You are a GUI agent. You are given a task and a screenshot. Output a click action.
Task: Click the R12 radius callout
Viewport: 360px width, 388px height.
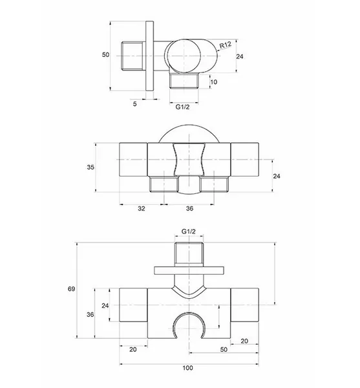pos(226,45)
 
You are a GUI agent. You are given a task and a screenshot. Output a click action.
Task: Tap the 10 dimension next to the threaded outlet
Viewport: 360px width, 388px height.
pos(214,82)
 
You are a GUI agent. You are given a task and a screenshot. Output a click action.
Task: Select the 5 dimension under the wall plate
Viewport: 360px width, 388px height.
pos(134,104)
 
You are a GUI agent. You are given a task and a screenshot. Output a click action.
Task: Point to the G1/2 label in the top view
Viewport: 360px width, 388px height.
pos(182,107)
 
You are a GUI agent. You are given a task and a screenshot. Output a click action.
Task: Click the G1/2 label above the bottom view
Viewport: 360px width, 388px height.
pos(189,232)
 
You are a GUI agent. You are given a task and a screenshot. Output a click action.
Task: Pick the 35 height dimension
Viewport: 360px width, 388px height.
pos(90,167)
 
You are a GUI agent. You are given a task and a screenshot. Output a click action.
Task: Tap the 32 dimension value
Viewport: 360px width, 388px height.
pos(142,209)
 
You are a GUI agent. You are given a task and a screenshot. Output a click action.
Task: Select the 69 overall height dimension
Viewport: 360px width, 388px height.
pos(72,289)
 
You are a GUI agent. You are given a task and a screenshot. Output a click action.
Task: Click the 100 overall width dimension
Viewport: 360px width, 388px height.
pos(188,368)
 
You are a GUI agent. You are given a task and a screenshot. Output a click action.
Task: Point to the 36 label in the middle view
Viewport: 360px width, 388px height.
pos(189,209)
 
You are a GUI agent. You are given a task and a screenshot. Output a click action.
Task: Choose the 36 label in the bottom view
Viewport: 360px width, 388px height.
pos(90,314)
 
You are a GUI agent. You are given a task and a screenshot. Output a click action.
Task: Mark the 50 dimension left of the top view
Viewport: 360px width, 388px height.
pos(105,55)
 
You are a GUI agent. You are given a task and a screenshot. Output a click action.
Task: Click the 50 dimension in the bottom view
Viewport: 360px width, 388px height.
pos(224,350)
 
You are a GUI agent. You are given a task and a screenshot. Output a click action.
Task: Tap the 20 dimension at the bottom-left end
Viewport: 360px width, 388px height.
pos(133,350)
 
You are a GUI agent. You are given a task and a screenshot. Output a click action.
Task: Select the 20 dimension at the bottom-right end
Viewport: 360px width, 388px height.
pos(244,341)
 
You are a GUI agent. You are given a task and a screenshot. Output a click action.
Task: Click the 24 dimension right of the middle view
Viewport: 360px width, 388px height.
pos(277,176)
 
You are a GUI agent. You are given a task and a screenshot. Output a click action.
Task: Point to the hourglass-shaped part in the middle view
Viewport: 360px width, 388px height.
pos(189,159)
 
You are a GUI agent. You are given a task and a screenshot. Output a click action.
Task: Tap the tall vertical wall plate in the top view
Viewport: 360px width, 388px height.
pos(149,56)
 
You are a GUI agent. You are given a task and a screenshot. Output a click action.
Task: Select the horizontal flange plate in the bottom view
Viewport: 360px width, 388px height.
pos(189,270)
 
